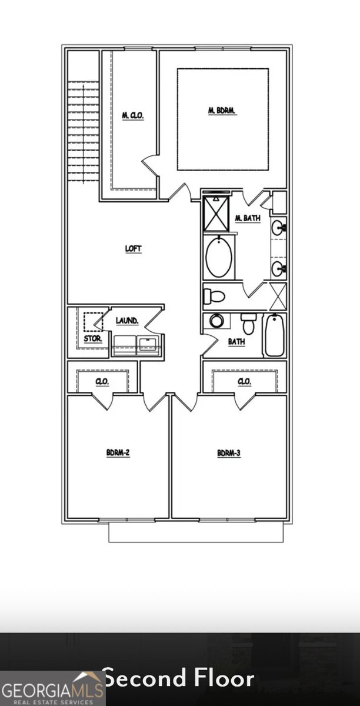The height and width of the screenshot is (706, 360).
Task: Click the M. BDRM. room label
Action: (222, 110)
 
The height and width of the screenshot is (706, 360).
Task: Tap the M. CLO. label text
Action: (132, 115)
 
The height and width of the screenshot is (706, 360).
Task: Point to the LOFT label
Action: (134, 249)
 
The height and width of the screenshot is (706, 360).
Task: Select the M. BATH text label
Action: (248, 219)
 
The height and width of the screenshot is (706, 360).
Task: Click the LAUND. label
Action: (127, 321)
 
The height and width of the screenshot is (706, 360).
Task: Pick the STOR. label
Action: (93, 339)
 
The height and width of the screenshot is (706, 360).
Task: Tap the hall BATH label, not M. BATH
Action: (236, 341)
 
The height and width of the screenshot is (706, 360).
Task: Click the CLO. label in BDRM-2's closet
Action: (102, 382)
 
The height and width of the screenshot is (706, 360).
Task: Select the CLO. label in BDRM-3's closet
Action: (245, 382)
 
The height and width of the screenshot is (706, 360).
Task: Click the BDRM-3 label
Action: (229, 453)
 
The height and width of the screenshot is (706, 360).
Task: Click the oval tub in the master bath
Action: (219, 257)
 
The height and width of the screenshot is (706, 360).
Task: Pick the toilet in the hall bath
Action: (248, 323)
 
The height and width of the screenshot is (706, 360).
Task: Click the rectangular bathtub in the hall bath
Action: (274, 335)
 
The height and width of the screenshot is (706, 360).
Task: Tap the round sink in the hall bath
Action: (216, 321)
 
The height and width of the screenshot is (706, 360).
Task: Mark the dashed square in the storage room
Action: (92, 321)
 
